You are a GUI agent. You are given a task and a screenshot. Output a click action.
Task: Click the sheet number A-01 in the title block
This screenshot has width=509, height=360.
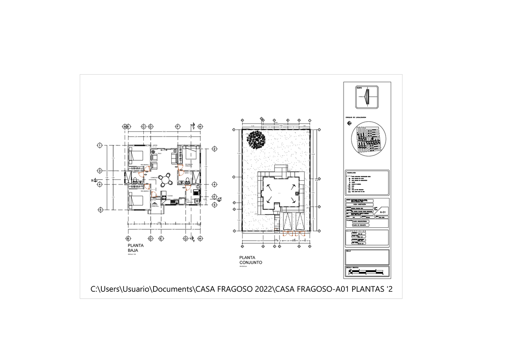pos(382,212)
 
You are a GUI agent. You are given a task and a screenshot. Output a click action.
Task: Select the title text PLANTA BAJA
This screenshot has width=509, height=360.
pos(136,248)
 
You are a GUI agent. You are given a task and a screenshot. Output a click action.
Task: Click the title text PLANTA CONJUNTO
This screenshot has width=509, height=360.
pos(251,260)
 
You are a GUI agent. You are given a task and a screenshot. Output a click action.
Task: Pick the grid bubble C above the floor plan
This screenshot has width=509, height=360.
pos(143,126)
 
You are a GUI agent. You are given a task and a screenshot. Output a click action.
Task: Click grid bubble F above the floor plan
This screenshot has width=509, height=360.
pos(178,126)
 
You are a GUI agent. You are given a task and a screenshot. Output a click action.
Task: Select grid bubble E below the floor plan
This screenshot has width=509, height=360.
pos(161,239)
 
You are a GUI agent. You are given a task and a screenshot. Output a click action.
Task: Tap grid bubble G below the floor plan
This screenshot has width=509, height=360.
pos(185,239)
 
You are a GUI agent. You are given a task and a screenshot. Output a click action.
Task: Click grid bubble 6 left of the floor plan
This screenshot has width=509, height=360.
pos(100,209)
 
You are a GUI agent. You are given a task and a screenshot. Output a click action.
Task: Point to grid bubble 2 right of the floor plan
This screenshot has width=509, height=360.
pos(215,149)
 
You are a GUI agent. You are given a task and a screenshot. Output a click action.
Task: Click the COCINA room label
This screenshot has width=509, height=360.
pos(170,196)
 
